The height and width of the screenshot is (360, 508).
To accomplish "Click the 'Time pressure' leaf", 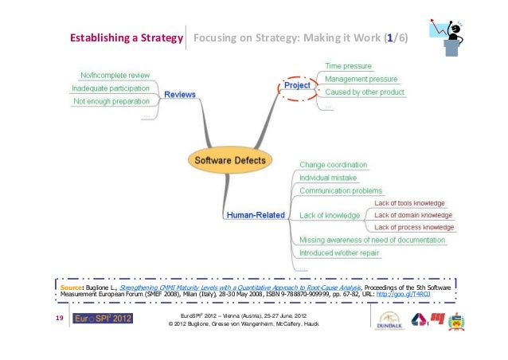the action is coord(348,65).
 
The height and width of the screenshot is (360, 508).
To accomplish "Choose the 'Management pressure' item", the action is coord(361,80).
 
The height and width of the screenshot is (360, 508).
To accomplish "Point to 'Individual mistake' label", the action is coord(333,178).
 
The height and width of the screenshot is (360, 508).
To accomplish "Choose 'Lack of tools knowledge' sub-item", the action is coord(409,203).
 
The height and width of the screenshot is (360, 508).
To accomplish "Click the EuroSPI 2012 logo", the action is coord(103,319).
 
